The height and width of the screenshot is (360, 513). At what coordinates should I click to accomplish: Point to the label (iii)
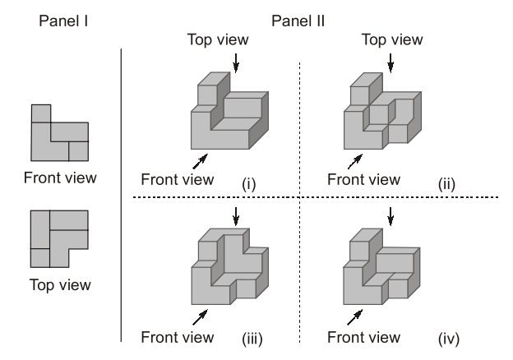click(x=248, y=337)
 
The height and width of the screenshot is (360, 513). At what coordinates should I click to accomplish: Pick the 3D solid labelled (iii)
click(x=229, y=267)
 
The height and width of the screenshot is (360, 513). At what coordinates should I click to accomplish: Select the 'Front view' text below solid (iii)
click(x=178, y=337)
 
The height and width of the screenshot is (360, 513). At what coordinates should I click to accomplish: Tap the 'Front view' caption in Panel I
click(x=60, y=178)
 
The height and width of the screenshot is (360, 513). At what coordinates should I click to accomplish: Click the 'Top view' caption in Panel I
click(x=60, y=286)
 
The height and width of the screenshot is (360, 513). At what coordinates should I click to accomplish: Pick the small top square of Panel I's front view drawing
click(x=40, y=113)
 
